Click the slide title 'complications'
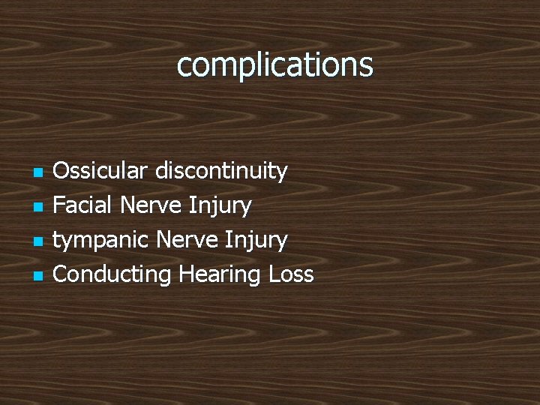click(x=274, y=65)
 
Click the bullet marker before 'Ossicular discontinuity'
click(x=38, y=173)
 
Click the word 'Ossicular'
click(x=100, y=171)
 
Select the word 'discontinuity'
click(x=221, y=171)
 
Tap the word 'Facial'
click(x=82, y=205)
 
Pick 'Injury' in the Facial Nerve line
click(x=220, y=205)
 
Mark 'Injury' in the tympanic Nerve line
click(x=256, y=240)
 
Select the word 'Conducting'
click(x=112, y=274)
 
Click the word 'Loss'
click(x=291, y=274)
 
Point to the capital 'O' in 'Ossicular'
click(x=61, y=171)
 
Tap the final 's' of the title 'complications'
click(x=365, y=67)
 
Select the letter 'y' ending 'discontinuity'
click(x=282, y=172)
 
